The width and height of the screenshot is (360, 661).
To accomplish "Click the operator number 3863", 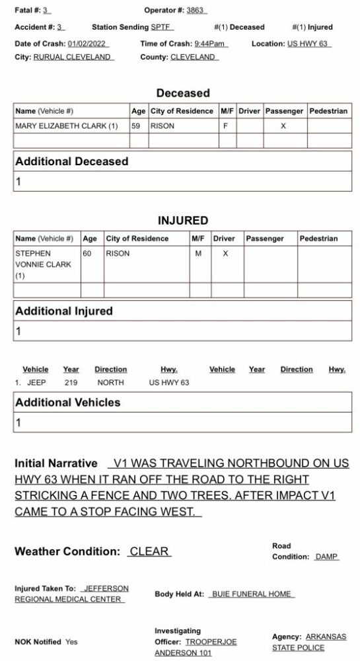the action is click(195, 11).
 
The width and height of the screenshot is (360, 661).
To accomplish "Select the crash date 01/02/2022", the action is click(89, 44).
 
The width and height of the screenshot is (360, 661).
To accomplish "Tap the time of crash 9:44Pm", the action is click(210, 44).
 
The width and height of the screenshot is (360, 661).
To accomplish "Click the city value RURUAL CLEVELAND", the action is click(73, 57).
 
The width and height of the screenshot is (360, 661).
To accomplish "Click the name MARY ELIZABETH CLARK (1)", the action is click(66, 126).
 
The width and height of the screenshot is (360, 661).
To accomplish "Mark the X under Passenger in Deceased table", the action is click(283, 126).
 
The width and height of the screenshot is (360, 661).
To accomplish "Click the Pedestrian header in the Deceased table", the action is click(328, 111).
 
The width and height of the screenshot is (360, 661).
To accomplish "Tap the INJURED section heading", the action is click(182, 220).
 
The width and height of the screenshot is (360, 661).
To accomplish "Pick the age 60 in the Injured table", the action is click(88, 253).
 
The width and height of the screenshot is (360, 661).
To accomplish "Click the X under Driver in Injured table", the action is click(225, 253).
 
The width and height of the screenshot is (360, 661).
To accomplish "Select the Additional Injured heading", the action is click(64, 311).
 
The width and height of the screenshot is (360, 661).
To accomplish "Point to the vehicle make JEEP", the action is click(36, 383).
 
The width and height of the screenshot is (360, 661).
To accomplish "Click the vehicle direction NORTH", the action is click(110, 383).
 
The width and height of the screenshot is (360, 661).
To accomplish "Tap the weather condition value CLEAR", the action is click(149, 551).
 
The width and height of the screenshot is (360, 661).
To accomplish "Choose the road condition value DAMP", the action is click(326, 557).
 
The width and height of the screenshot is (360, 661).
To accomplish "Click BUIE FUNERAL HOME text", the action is click(251, 594).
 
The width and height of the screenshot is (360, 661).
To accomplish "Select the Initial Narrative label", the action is click(56, 464).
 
